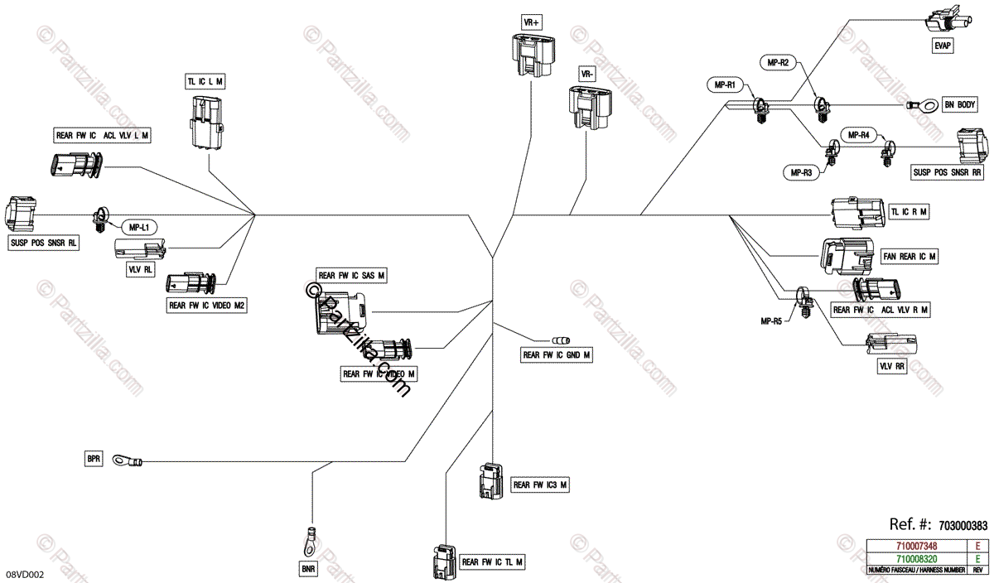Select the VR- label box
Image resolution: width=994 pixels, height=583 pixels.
587,74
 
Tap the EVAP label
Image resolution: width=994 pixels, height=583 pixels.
943,47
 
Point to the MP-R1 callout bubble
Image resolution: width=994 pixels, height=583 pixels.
727,84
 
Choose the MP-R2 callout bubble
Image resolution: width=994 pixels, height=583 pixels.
779,62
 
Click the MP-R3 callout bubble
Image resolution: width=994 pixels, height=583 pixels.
800,172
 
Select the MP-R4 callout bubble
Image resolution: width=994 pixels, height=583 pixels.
858,134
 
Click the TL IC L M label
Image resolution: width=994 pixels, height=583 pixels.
205,81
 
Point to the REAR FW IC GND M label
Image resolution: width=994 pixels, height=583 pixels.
556,355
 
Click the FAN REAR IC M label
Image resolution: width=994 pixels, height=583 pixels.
910,257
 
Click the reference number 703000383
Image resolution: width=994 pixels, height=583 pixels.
963,525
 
